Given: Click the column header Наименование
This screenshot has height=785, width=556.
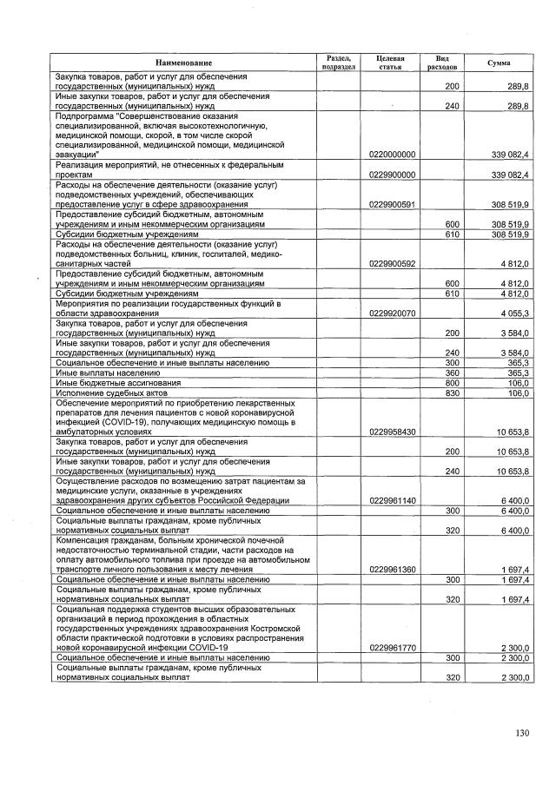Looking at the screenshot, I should tap(183, 63).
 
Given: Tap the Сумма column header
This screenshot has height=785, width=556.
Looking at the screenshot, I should tap(499, 63).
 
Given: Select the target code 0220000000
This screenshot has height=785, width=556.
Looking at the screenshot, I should tap(391, 154).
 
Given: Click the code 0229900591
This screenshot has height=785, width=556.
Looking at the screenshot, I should tap(391, 204).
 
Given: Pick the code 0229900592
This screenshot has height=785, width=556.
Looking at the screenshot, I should tap(391, 262).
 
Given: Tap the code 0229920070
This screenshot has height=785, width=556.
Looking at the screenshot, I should tap(391, 313).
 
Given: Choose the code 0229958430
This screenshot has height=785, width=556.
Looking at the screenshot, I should tap(391, 431).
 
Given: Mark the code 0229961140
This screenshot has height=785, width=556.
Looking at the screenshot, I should tap(391, 500).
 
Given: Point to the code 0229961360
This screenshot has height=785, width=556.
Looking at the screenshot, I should tap(391, 569).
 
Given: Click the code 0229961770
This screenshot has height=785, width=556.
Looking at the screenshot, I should tap(391, 647).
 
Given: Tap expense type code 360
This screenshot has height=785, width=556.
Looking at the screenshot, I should tap(451, 372).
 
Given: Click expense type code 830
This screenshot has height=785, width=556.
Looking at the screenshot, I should tap(451, 392).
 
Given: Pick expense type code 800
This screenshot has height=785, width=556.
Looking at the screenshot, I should tap(451, 382).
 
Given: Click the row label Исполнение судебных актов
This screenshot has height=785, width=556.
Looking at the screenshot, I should tap(99, 392).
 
